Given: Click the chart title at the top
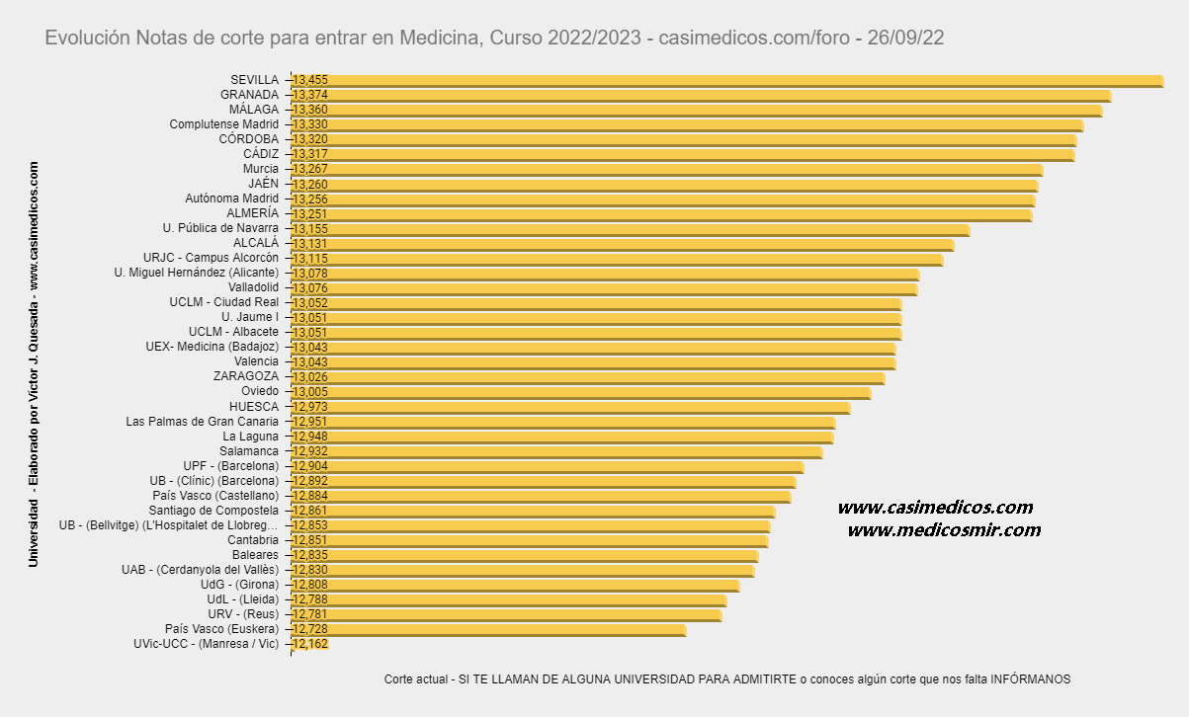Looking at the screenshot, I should (x=494, y=38).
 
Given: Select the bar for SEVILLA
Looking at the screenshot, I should (x=726, y=80).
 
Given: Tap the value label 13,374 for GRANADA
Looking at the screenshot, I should (x=310, y=95).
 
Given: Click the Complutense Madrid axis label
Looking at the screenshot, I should (x=223, y=124).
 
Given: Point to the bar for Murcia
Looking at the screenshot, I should (x=667, y=169).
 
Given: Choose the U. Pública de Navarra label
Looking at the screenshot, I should (x=220, y=228).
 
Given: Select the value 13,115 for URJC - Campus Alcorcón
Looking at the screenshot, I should (x=310, y=258).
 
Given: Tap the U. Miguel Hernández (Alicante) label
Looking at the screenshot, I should (x=196, y=273).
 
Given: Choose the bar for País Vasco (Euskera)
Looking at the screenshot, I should (x=489, y=629).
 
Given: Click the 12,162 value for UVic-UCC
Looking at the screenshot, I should (x=310, y=644).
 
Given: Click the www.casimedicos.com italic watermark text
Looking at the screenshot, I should (x=935, y=508).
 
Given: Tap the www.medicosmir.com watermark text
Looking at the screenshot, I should (x=944, y=530).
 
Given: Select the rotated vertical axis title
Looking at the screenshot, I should (x=34, y=364).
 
